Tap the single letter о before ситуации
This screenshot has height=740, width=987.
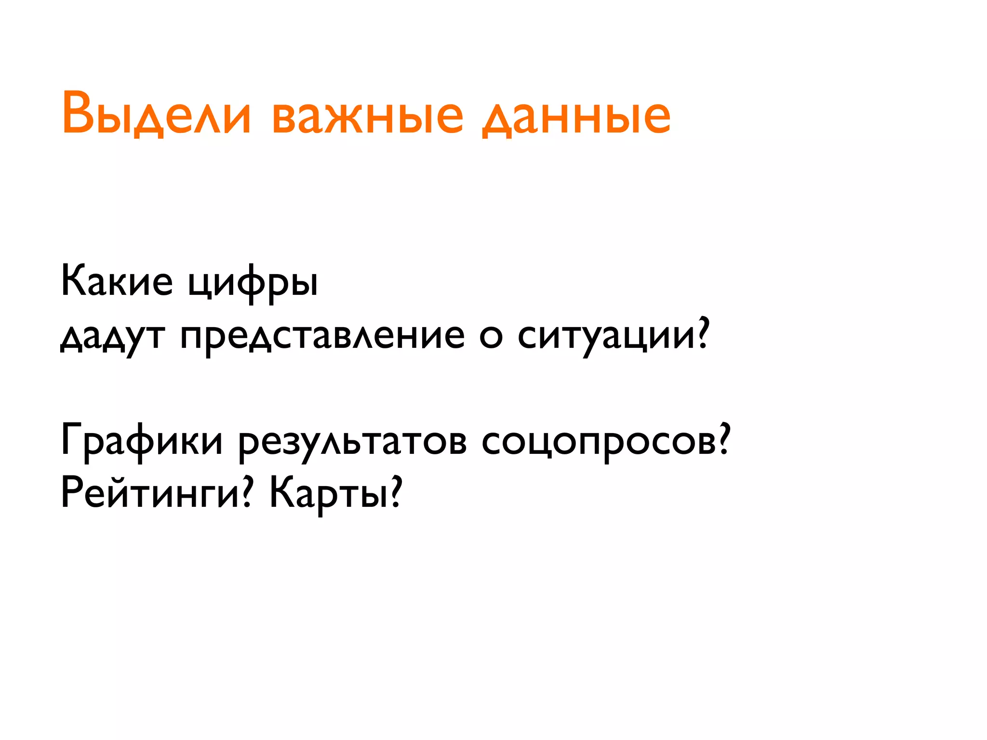click(x=491, y=337)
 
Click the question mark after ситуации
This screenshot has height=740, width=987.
click(x=703, y=332)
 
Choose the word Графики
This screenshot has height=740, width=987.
click(x=142, y=441)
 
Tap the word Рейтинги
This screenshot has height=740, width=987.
click(x=150, y=494)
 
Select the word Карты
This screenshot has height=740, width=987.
click(x=328, y=494)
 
